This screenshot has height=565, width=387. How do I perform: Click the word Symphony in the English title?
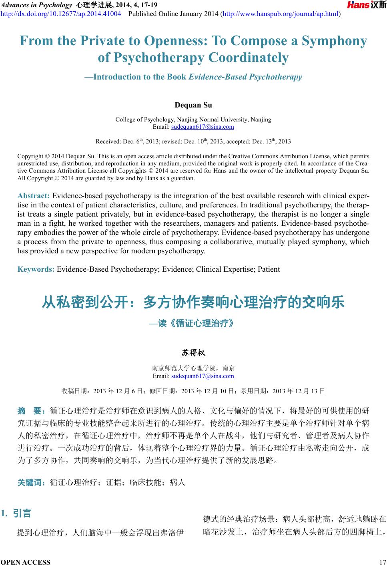pos(334,41)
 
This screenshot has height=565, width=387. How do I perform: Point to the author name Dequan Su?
pos(193,105)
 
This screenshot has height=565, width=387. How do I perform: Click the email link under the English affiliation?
pos(203,127)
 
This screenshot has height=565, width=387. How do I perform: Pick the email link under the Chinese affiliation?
pos(203,376)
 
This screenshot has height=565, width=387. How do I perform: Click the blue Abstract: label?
pos(33,196)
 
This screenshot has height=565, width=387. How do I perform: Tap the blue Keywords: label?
pos(36,269)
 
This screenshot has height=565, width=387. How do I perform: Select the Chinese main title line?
pos(193,302)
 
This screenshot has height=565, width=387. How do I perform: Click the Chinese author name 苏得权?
pos(193,353)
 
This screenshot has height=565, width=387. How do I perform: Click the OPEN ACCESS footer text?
pos(26,562)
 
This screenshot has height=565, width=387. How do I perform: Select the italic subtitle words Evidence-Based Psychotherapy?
pos(245,77)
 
